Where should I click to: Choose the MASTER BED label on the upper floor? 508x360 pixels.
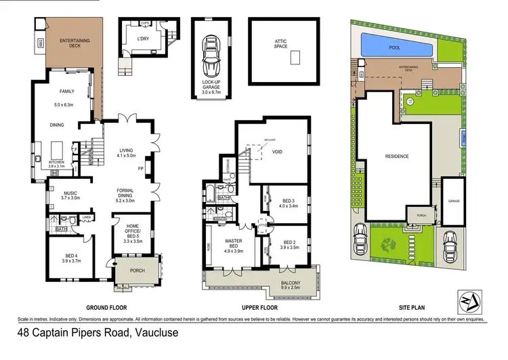[x=232, y=243]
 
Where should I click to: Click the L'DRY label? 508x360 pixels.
[x=143, y=39]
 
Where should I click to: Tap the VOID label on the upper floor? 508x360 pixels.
[x=277, y=153]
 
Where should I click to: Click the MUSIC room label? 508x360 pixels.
[x=70, y=194]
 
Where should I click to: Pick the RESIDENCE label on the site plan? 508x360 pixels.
[x=397, y=156]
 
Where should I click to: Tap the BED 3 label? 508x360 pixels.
[x=288, y=201]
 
